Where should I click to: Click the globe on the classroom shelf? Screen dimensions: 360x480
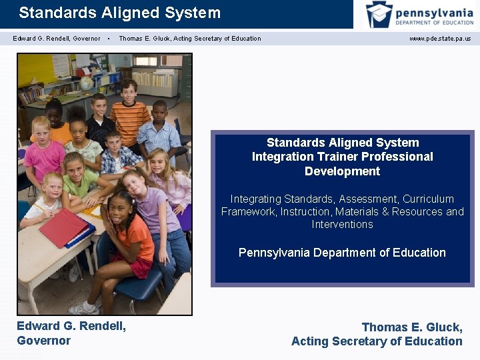(87, 83)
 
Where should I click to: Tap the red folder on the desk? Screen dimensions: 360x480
(64, 227)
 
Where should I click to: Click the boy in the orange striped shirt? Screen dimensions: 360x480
(129, 113)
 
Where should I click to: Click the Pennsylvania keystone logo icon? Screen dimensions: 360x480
(379, 14)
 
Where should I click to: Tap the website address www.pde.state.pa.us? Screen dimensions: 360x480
(439, 39)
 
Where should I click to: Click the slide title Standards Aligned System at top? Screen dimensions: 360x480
(119, 13)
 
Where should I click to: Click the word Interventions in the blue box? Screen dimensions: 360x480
(342, 224)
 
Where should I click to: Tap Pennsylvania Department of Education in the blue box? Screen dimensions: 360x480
(342, 253)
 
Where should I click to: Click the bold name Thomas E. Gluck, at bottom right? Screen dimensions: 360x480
(411, 327)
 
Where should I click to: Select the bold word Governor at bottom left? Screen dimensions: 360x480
(44, 340)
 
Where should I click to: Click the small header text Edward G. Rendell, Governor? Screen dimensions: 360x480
(57, 39)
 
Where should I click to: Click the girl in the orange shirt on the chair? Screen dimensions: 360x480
(131, 233)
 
